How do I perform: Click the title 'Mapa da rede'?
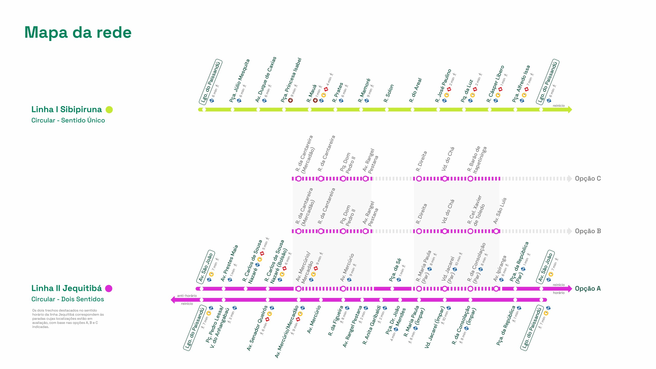point(78,33)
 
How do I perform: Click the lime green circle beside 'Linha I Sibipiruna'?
point(109,110)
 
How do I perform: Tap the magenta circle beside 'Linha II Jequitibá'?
point(109,289)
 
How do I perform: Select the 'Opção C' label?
point(588,179)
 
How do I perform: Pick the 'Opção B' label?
point(588,231)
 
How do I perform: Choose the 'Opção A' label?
point(588,289)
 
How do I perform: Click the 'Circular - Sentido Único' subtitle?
point(68,120)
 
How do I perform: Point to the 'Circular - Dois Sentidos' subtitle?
point(68,299)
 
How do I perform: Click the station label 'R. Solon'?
point(389,94)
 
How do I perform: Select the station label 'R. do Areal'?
point(415,90)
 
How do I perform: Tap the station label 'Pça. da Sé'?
point(395,270)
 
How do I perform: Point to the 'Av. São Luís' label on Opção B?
point(500,211)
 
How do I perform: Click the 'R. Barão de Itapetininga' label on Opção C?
point(477,160)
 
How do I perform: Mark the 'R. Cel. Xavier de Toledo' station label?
point(476,211)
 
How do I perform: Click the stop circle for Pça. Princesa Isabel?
point(284,110)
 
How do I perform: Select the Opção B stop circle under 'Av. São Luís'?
point(496,231)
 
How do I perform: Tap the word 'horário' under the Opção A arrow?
point(559,293)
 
